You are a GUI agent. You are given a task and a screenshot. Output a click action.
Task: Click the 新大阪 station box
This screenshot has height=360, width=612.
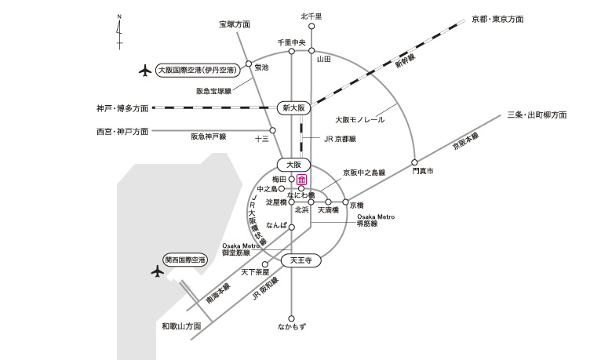click(295, 107)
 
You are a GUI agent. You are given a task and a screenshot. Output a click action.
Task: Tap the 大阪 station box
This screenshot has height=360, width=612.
click(295, 165)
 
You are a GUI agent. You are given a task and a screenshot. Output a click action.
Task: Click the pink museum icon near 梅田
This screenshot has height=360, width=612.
click(301, 180)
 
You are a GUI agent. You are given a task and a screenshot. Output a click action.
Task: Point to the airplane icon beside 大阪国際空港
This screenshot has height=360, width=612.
click(144, 71)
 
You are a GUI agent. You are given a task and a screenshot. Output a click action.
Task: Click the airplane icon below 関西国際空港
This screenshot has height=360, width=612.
click(157, 272)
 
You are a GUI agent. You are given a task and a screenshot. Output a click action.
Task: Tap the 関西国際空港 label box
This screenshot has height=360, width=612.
click(184, 259)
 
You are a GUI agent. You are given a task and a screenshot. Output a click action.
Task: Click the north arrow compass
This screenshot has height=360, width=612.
click(118, 31)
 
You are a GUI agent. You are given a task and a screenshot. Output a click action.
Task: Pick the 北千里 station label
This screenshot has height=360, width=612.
click(311, 16)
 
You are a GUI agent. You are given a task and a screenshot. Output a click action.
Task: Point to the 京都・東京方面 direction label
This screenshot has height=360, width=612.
click(497, 17)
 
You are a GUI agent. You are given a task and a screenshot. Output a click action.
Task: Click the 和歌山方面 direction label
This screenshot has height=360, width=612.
click(182, 325)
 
